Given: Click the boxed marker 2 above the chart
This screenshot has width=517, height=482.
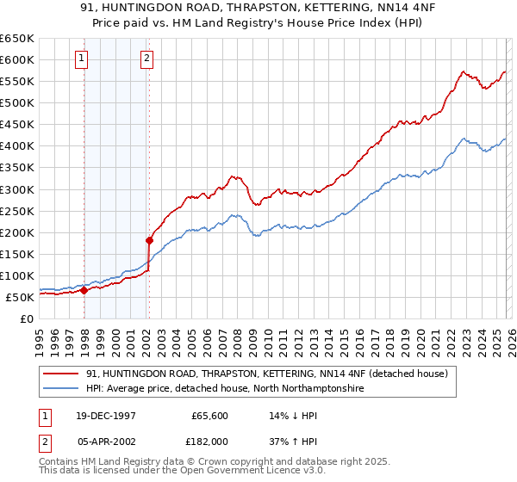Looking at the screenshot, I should pyautogui.click(x=147, y=59).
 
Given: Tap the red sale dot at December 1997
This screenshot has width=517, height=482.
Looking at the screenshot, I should pyautogui.click(x=84, y=290).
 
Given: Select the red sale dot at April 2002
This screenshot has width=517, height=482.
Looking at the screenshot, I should pyautogui.click(x=150, y=240).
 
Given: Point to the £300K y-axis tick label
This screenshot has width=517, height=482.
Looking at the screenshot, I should pyautogui.click(x=17, y=189).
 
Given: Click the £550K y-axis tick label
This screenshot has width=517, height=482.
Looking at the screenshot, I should pyautogui.click(x=17, y=82).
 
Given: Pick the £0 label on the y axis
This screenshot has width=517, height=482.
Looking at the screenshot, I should pyautogui.click(x=27, y=318).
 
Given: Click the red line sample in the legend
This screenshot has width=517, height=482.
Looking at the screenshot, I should pyautogui.click(x=60, y=374).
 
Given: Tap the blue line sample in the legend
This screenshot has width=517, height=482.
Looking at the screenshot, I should pyautogui.click(x=60, y=389).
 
